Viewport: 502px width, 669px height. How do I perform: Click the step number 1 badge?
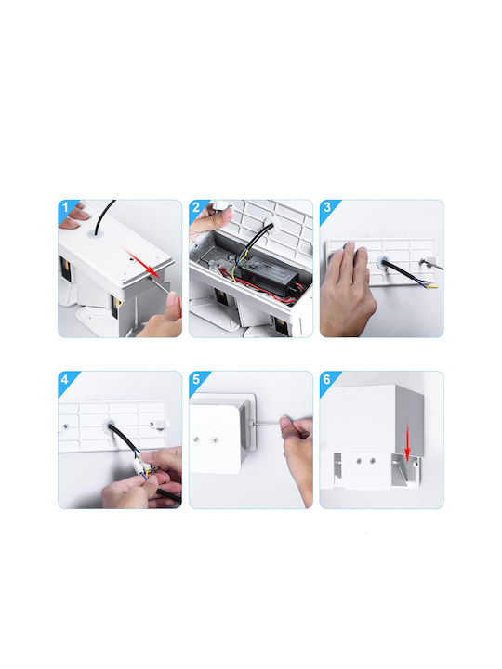(x=65, y=208)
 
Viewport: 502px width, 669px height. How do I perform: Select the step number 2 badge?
(x=196, y=208)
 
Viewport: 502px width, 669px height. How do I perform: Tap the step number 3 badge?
(x=327, y=208)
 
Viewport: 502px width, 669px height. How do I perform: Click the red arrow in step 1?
(x=142, y=262)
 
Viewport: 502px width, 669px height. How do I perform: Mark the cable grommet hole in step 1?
(x=97, y=234)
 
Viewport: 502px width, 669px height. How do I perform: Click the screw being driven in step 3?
(x=423, y=262)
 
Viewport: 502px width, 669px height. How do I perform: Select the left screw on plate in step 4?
(x=65, y=426)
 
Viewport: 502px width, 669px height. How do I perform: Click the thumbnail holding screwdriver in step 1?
(x=173, y=297)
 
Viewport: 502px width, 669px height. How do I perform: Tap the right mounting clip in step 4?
(x=162, y=424)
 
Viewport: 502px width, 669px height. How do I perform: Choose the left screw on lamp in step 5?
(x=197, y=439)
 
